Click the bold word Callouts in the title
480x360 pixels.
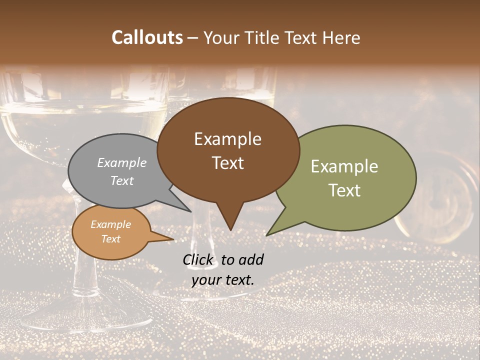coord(147,37)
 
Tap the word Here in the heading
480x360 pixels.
coord(342,37)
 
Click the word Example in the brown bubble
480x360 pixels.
coord(227,138)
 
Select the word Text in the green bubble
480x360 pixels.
coord(344,190)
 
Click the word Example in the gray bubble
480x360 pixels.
coord(122,162)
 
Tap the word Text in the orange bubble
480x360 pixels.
coord(111,239)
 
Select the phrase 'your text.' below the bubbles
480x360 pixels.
coord(223,279)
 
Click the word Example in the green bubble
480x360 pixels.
coord(344,166)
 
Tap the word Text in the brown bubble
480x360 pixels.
coord(228,162)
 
